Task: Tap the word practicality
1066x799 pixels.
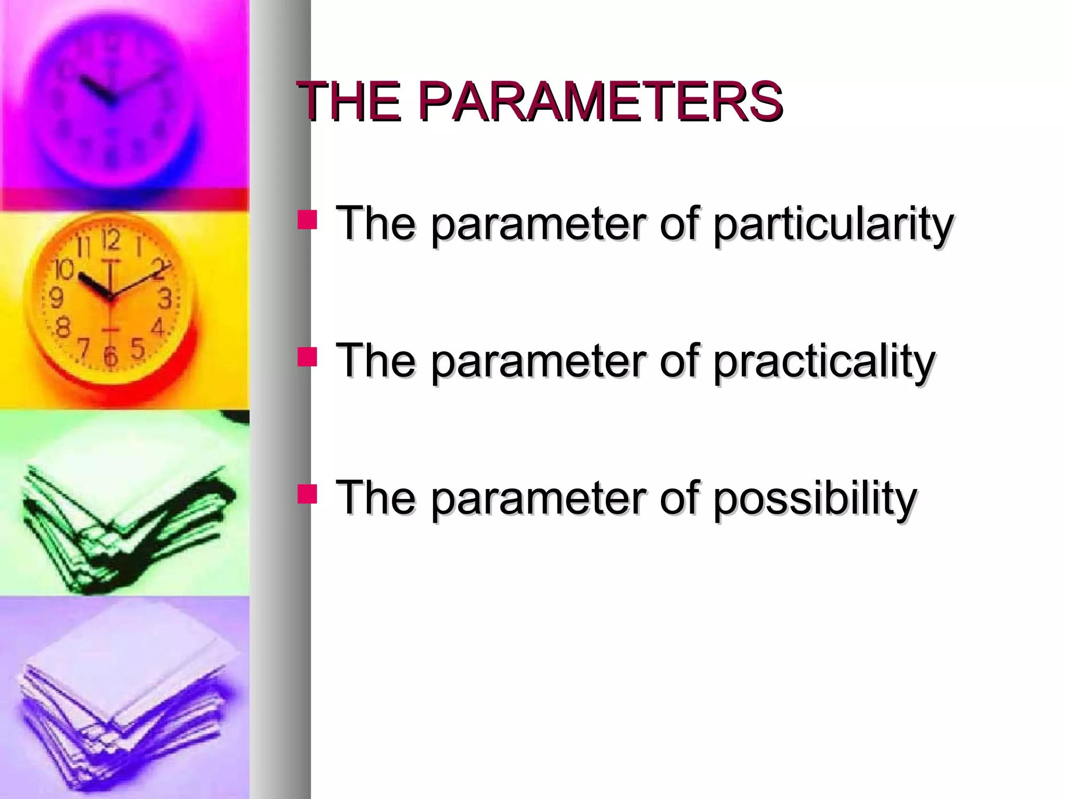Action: (x=824, y=361)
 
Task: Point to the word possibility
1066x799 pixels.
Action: (x=815, y=498)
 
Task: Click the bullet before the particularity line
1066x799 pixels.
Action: (x=307, y=220)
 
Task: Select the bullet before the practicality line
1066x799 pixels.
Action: (x=307, y=357)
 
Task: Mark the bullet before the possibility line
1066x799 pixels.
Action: (x=307, y=494)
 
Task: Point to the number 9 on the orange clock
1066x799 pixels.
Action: (x=56, y=299)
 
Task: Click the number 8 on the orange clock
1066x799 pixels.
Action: (x=63, y=328)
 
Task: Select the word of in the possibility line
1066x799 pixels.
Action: (x=681, y=498)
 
